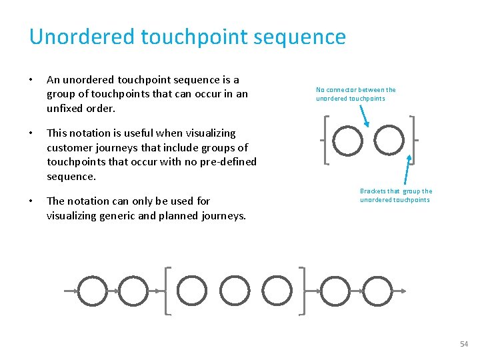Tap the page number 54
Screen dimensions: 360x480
point(464,344)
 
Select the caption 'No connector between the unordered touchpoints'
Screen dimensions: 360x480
point(355,94)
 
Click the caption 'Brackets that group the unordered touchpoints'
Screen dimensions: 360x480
point(395,195)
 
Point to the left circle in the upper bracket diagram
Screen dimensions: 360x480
point(348,140)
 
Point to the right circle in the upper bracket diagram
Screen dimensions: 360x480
point(389,140)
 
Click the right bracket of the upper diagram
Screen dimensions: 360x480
point(411,140)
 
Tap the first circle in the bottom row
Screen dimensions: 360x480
point(92,291)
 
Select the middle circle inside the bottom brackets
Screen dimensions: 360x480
point(234,291)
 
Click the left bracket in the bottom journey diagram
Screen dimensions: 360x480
point(167,291)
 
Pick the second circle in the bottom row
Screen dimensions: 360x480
point(133,291)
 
